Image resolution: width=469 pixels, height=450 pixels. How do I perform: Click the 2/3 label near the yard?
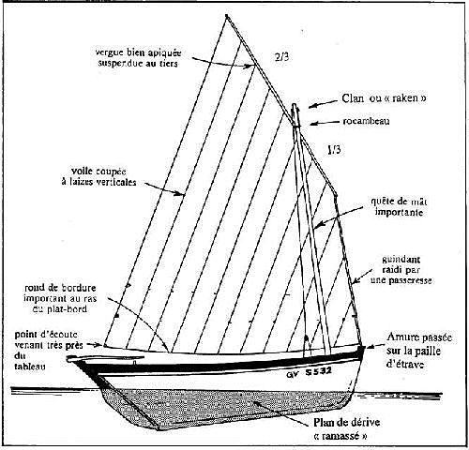pyautogui.click(x=281, y=56)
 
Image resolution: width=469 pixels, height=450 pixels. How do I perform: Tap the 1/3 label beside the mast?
pyautogui.click(x=334, y=150)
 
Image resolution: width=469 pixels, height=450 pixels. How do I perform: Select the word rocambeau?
pyautogui.click(x=366, y=121)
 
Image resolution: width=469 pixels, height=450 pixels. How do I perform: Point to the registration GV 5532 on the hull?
pyautogui.click(x=309, y=372)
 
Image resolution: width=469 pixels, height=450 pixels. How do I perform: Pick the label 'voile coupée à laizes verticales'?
pyautogui.click(x=99, y=176)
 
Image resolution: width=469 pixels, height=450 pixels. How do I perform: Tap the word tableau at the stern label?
pyautogui.click(x=30, y=367)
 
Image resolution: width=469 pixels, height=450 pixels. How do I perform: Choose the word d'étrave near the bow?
pyautogui.click(x=405, y=364)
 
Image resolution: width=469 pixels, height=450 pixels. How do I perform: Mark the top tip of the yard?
pyautogui.click(x=226, y=15)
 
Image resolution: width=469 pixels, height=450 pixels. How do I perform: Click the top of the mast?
pyautogui.click(x=294, y=105)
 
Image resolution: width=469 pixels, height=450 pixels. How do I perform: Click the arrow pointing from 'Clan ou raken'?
pyautogui.click(x=324, y=104)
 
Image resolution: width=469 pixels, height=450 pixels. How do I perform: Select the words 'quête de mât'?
pyautogui.click(x=399, y=202)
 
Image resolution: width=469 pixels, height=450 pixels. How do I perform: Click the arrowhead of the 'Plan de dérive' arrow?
pyautogui.click(x=255, y=403)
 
